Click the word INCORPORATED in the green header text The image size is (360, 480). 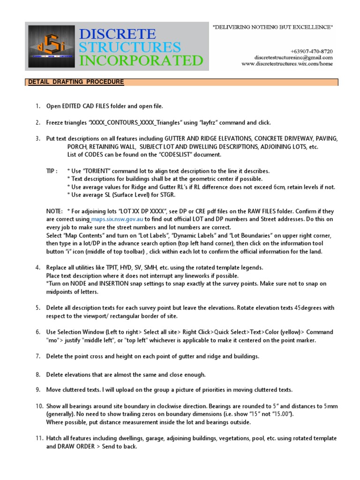point(142,60)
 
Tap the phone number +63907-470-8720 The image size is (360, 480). point(312,51)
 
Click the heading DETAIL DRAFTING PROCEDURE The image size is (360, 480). point(76,82)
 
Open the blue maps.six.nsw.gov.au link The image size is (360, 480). point(117,219)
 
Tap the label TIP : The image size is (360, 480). point(52,171)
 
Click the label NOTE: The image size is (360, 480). point(54,211)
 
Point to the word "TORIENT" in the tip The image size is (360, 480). point(100,171)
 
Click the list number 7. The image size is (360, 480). point(38,356)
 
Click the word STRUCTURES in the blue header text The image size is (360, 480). point(130,47)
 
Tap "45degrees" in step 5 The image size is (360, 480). point(309,308)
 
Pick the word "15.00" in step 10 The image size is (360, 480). point(281,414)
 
